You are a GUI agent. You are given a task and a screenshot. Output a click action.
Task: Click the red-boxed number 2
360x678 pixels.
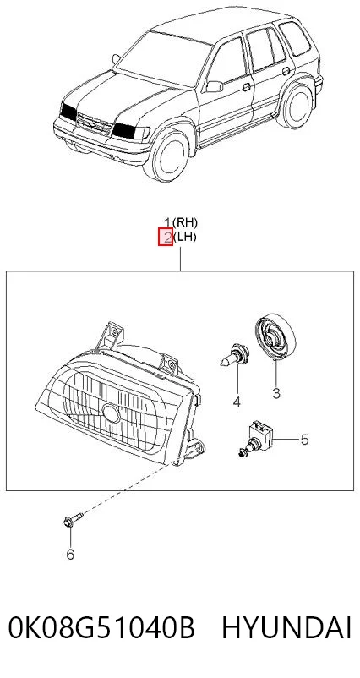coord(166,237)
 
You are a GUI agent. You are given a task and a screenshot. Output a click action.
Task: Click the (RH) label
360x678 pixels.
coord(185,222)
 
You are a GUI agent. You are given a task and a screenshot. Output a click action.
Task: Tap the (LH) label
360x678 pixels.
coord(184,237)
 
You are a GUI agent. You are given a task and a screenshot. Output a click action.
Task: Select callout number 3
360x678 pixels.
coord(276,393)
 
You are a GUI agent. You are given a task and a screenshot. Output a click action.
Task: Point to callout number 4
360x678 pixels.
coord(237,402)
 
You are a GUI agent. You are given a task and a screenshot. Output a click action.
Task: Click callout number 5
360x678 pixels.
coord(305,440)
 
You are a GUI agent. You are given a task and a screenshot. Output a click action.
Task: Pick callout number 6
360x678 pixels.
coord(70,554)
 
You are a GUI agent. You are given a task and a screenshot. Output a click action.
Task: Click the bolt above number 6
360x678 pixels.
coord(72,519)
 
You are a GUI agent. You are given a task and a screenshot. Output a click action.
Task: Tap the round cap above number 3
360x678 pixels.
coord(275,336)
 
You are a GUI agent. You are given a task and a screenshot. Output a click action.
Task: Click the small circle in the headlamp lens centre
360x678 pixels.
coord(112,413)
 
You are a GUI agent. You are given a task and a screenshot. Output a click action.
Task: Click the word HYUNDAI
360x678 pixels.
coord(286,628)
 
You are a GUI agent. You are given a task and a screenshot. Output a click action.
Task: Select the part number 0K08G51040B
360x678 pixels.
coord(101,628)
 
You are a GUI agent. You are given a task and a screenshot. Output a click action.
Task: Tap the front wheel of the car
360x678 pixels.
coord(170,156)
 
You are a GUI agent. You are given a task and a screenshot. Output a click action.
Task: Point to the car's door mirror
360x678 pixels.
coord(215,86)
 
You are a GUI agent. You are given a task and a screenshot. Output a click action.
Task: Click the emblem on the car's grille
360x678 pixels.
coord(92,124)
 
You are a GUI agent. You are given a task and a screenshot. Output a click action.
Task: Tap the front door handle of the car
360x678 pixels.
coord(247,87)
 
